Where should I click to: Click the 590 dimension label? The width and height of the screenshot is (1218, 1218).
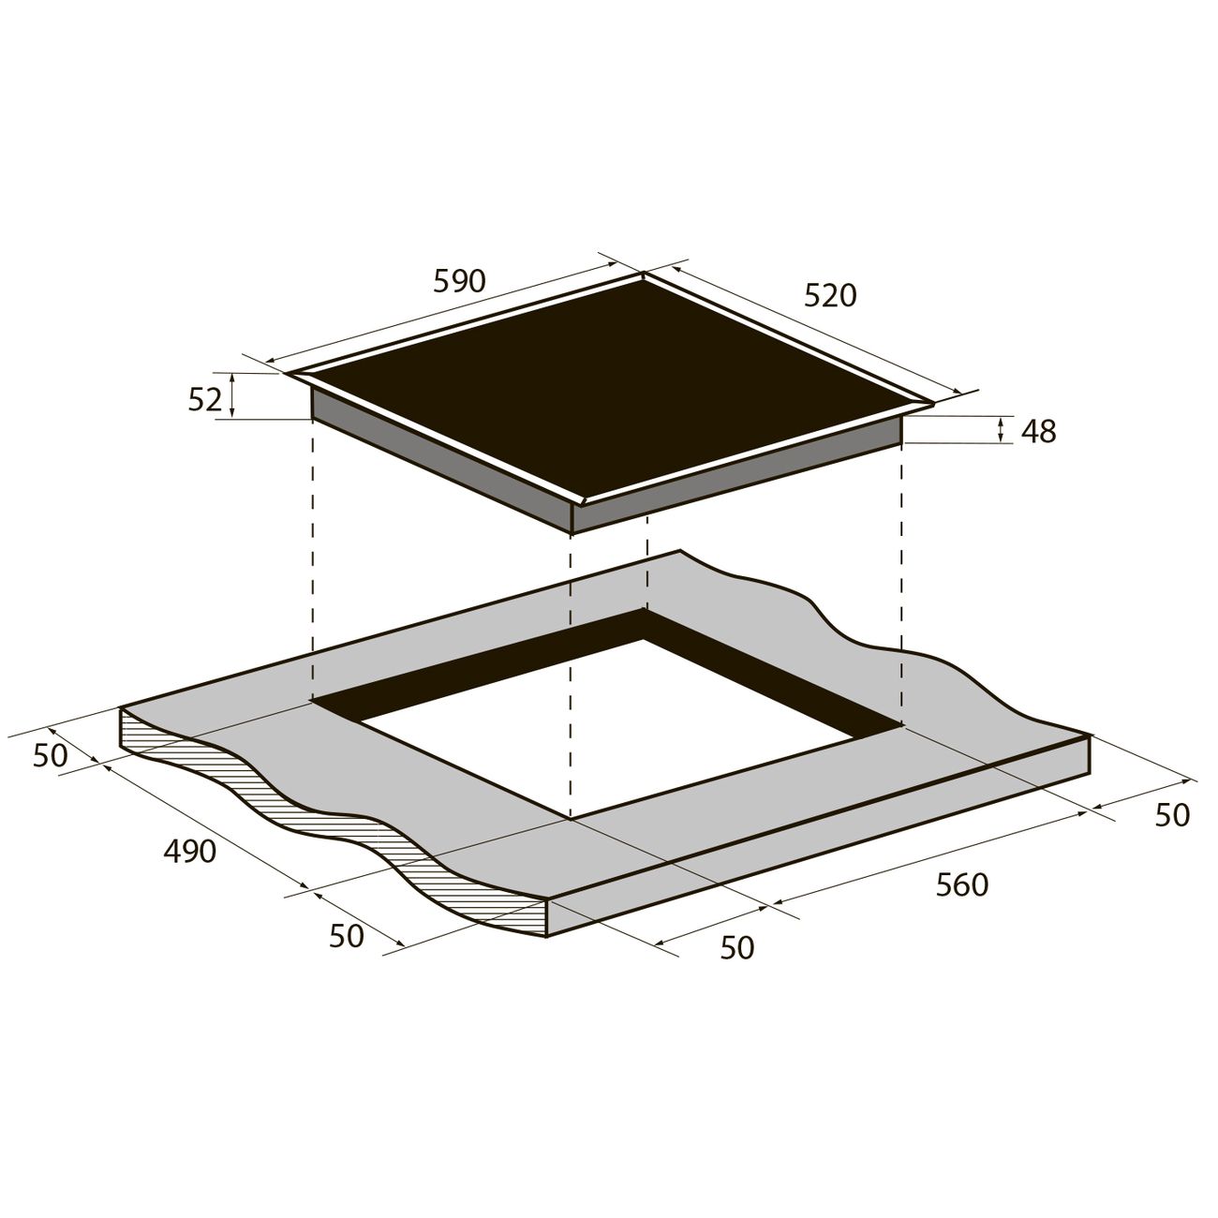(459, 282)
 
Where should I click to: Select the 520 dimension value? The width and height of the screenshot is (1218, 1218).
(830, 296)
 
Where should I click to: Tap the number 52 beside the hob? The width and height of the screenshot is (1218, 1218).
(205, 400)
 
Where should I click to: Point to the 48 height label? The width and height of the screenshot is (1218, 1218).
(1038, 432)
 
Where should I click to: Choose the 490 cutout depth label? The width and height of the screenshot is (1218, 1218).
(190, 852)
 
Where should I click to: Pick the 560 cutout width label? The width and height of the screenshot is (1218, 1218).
(962, 884)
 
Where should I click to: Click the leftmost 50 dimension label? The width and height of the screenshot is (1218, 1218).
(51, 755)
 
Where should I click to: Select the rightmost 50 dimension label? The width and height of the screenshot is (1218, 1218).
(1172, 815)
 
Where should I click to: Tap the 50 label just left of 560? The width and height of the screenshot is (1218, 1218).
(737, 948)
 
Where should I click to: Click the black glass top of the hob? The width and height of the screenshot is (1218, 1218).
(610, 387)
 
